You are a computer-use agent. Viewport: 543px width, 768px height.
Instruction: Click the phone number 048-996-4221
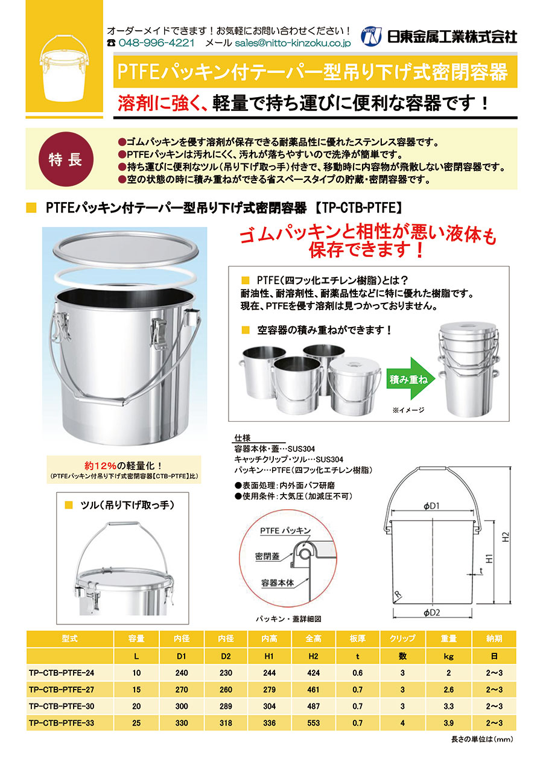[156, 43]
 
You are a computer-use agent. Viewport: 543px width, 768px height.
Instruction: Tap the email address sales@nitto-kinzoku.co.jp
[293, 43]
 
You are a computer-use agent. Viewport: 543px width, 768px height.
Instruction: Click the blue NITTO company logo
[371, 36]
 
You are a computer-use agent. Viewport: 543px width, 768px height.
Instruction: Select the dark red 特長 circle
[65, 159]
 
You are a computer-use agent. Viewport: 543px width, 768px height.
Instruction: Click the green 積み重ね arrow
[411, 379]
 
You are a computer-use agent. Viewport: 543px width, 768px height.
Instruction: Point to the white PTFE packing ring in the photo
[125, 278]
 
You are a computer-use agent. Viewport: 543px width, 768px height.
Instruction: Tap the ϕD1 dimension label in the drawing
[431, 506]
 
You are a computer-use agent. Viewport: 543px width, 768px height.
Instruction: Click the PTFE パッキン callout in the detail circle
[285, 531]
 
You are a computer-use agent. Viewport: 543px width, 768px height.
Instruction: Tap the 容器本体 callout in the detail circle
[278, 583]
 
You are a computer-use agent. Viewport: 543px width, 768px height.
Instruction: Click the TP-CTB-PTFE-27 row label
[62, 689]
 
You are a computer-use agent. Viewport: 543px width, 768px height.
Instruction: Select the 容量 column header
[136, 638]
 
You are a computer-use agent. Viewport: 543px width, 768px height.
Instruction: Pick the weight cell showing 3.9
[448, 723]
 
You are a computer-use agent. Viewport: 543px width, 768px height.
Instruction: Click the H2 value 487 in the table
[313, 706]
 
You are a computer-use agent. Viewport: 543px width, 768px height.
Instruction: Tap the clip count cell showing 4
[402, 723]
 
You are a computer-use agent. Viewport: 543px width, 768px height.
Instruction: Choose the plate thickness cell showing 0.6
[358, 673]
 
